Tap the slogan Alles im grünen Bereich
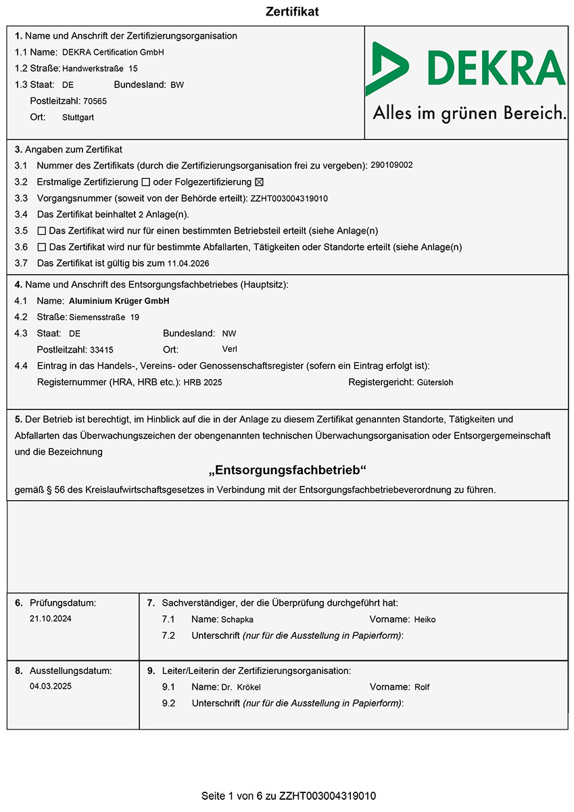pyautogui.click(x=469, y=113)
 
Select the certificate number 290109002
pyautogui.click(x=392, y=164)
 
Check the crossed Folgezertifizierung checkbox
pyautogui.click(x=258, y=182)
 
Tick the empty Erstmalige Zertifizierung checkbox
pyautogui.click(x=145, y=182)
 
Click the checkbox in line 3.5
pyautogui.click(x=42, y=231)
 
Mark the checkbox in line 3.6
pyautogui.click(x=42, y=247)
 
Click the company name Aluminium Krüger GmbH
pyautogui.click(x=119, y=301)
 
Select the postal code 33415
pyautogui.click(x=101, y=350)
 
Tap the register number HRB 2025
pyautogui.click(x=203, y=382)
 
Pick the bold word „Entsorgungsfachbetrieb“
pyautogui.click(x=287, y=470)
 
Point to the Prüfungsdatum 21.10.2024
pyautogui.click(x=51, y=618)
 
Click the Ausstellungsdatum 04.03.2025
pyautogui.click(x=51, y=686)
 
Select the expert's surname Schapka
pyautogui.click(x=237, y=619)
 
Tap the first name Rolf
pyautogui.click(x=422, y=687)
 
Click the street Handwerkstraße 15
pyautogui.click(x=100, y=68)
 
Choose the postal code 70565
pyautogui.click(x=95, y=101)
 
